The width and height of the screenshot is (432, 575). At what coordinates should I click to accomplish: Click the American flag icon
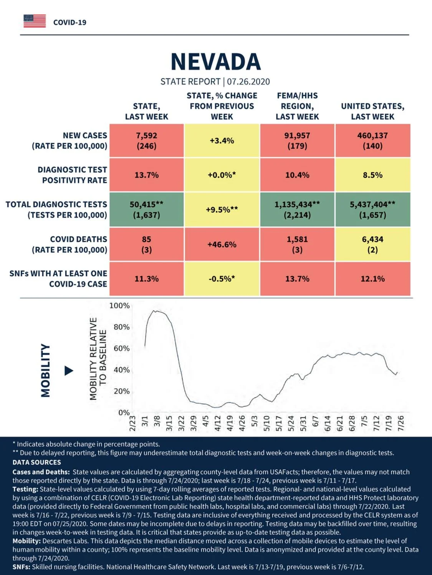pos(35,21)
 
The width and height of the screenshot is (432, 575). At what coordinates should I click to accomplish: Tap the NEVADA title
pos(216,62)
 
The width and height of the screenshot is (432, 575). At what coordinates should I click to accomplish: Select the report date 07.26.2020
pos(248,82)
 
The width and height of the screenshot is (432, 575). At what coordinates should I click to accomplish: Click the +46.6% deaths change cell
pos(222,245)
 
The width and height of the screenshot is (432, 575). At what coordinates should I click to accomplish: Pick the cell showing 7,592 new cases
pos(147,141)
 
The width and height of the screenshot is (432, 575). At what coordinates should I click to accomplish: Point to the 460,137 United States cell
pos(373,141)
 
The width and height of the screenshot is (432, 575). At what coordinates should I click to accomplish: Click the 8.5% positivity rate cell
pos(373,175)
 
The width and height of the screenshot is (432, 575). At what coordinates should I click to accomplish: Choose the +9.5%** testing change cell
pos(222,210)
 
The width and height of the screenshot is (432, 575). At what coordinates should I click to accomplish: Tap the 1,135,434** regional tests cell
pos(297,210)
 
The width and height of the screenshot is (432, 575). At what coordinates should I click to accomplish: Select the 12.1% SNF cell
pos(373,279)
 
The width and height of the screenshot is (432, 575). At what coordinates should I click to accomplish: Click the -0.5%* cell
pos(222,279)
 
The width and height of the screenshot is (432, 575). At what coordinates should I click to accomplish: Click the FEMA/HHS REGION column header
pos(297,106)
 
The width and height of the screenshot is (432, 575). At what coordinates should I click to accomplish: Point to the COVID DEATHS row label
pos(70,245)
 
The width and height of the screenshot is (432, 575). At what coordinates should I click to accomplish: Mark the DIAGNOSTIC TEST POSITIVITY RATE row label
pos(72,175)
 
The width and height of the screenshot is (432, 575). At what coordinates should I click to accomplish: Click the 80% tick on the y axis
pos(122,327)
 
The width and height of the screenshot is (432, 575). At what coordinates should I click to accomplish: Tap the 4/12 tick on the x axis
pos(218,423)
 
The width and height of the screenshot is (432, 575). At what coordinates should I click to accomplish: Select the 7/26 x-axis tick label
pos(401,423)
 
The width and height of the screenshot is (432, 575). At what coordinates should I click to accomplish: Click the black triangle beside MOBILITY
pos(69,371)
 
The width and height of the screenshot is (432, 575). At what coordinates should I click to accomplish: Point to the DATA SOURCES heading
pos(37,462)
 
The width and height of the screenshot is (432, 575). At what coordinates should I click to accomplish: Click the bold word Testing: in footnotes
pos(25,489)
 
